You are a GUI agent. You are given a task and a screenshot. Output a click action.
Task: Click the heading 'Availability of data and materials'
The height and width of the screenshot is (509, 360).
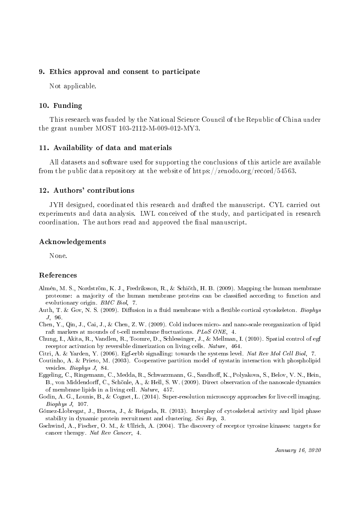(111, 147)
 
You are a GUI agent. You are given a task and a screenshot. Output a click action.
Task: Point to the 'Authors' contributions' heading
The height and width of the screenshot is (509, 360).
(94, 190)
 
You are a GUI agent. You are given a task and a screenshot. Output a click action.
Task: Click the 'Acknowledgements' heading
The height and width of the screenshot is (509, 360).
(73, 241)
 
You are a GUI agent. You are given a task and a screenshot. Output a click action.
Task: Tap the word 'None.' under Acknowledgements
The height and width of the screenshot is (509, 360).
(58, 255)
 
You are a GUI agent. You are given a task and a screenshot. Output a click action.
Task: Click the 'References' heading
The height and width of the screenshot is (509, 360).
(58, 275)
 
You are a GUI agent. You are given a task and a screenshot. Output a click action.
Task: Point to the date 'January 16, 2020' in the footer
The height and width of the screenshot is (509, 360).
(298, 449)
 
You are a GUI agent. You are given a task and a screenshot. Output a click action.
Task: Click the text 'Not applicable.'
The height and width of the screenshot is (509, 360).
(73, 86)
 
